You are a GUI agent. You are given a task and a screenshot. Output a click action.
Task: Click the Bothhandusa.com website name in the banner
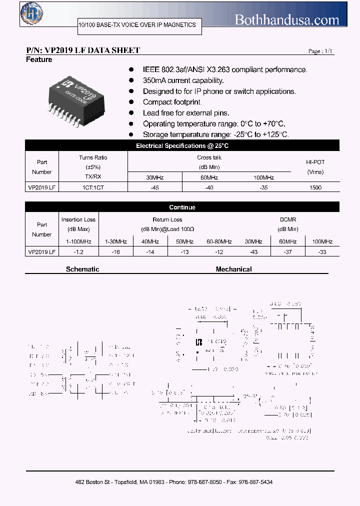(x=287, y=19)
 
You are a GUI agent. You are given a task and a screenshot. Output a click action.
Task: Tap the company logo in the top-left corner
(x=31, y=13)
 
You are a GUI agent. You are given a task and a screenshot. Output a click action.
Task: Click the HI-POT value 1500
(x=315, y=187)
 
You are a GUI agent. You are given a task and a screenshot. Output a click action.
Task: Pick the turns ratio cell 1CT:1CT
(x=93, y=187)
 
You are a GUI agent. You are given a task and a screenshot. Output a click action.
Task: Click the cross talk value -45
(x=155, y=187)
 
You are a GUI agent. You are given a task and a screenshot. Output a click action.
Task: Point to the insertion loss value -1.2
(x=78, y=252)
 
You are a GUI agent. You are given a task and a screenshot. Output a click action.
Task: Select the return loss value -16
(x=116, y=252)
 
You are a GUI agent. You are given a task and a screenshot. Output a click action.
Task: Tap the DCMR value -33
(x=322, y=252)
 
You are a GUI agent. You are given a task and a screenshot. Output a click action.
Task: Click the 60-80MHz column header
(x=219, y=241)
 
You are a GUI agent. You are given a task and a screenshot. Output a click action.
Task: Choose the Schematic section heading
(x=82, y=269)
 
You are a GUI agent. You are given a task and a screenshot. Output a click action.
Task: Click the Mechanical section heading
(x=233, y=269)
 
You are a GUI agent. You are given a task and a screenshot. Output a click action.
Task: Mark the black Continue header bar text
(x=182, y=207)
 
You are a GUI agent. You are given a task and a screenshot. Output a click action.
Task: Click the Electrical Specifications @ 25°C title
(x=182, y=146)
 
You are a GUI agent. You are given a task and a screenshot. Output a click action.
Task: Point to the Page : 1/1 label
(x=320, y=51)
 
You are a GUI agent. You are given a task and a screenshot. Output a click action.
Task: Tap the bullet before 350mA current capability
(x=131, y=80)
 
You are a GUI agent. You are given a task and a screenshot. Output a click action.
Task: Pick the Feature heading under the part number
(x=39, y=60)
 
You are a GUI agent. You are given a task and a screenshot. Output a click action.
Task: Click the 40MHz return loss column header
(x=150, y=241)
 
